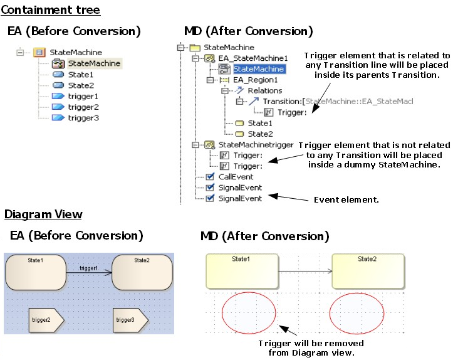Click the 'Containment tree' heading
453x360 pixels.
50,10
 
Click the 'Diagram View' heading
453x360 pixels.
43,214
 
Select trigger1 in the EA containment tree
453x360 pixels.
83,97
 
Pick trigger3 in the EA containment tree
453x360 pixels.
83,118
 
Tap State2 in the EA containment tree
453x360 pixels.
81,85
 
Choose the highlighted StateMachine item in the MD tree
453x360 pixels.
258,69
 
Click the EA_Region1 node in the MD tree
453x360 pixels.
255,80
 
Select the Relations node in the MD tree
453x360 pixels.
264,91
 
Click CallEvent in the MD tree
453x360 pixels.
236,177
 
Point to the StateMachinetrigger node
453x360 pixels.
255,145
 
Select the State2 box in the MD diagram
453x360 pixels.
367,271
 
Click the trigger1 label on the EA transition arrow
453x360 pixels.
88,268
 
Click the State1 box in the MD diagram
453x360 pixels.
241,271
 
